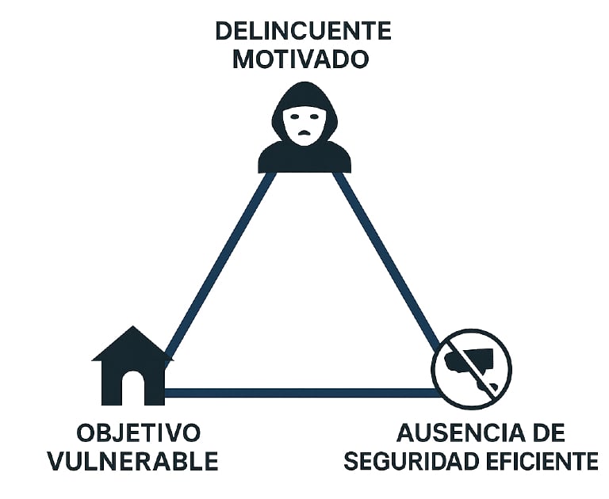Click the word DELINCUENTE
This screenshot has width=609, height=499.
click(304, 31)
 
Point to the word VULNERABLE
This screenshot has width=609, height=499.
click(133, 461)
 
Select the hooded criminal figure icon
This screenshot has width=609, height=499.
click(304, 130)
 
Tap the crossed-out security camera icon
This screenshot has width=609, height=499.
click(472, 368)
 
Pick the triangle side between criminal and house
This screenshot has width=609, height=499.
click(217, 265)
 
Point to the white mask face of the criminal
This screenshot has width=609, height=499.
click(304, 123)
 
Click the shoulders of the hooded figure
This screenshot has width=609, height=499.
click(304, 158)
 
